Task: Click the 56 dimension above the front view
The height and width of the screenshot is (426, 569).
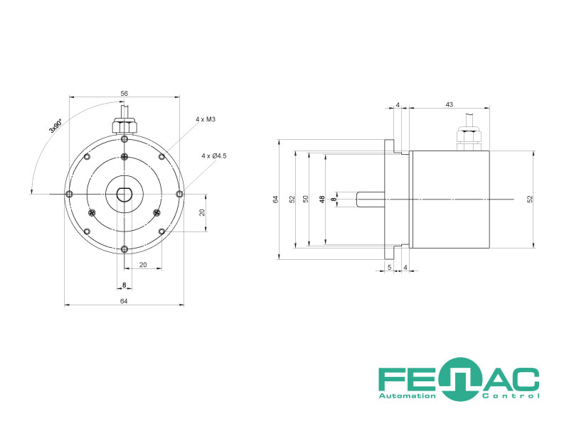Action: pyautogui.click(x=124, y=94)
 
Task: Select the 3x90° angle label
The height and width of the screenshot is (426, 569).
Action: pyautogui.click(x=55, y=126)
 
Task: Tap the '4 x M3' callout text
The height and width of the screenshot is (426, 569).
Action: pyautogui.click(x=206, y=119)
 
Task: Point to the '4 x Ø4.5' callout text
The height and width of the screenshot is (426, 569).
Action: pyautogui.click(x=214, y=155)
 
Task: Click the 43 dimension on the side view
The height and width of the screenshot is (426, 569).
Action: pyautogui.click(x=450, y=104)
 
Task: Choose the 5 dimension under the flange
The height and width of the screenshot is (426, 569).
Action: pyautogui.click(x=390, y=268)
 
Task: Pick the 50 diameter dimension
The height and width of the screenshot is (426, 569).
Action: pyautogui.click(x=306, y=199)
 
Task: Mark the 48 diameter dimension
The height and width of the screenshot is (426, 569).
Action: pyautogui.click(x=322, y=199)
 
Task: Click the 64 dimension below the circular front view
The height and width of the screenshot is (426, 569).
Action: pyautogui.click(x=124, y=301)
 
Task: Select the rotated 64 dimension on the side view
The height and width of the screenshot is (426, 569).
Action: pyautogui.click(x=276, y=199)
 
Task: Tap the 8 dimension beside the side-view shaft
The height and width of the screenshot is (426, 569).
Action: pyautogui.click(x=334, y=199)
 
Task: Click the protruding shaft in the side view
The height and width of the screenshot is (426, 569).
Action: pyautogui.click(x=371, y=200)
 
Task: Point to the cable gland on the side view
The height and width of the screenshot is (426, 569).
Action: pyautogui.click(x=469, y=138)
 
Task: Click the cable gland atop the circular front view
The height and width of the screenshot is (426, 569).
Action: pyautogui.click(x=124, y=126)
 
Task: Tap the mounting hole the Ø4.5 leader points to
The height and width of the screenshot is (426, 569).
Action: pyautogui.click(x=180, y=194)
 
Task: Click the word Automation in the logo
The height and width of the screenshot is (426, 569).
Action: pyautogui.click(x=407, y=396)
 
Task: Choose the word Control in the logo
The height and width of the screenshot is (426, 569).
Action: pyautogui.click(x=511, y=396)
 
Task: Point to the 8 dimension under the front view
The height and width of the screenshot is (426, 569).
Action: pyautogui.click(x=124, y=285)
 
